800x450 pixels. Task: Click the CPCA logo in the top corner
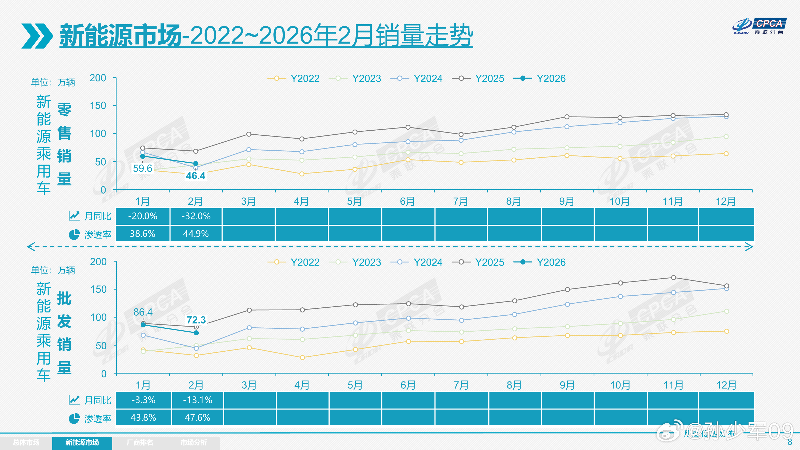[x=759, y=26]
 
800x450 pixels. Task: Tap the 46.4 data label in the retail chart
[x=196, y=176]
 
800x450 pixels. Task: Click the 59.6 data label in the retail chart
[x=143, y=168]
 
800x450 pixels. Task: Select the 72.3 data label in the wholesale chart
[x=196, y=320]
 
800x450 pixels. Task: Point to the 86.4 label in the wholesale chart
[x=143, y=312]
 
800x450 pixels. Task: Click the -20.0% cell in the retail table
[x=143, y=216]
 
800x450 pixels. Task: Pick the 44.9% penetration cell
[x=196, y=234]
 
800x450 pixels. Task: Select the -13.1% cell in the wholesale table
[x=197, y=400]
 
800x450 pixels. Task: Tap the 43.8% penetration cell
[x=143, y=417]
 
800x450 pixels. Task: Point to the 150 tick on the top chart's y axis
[x=98, y=106]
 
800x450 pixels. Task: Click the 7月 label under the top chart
[x=461, y=202]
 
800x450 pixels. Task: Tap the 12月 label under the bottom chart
[x=726, y=385]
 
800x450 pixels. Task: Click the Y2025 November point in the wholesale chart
[x=673, y=278]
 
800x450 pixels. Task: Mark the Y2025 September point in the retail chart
[x=567, y=117]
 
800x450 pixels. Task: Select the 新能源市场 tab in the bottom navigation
[x=82, y=443]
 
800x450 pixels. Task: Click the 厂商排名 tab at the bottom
[x=140, y=443]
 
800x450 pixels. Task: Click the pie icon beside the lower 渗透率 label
[x=74, y=418]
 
